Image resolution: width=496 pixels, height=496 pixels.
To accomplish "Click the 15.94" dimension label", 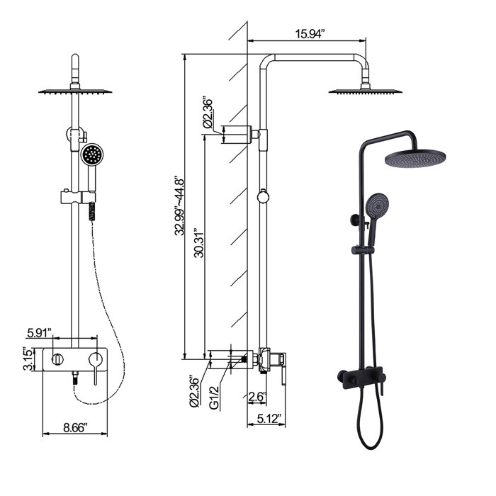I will coord(310,33).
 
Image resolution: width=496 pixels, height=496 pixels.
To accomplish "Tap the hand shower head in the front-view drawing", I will coord(92,154).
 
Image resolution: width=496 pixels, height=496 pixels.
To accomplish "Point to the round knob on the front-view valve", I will coord(56,360).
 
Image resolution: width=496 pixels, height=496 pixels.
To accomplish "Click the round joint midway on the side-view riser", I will coord(264,197).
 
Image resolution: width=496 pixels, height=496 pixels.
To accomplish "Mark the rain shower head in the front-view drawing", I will coord(74,90).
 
